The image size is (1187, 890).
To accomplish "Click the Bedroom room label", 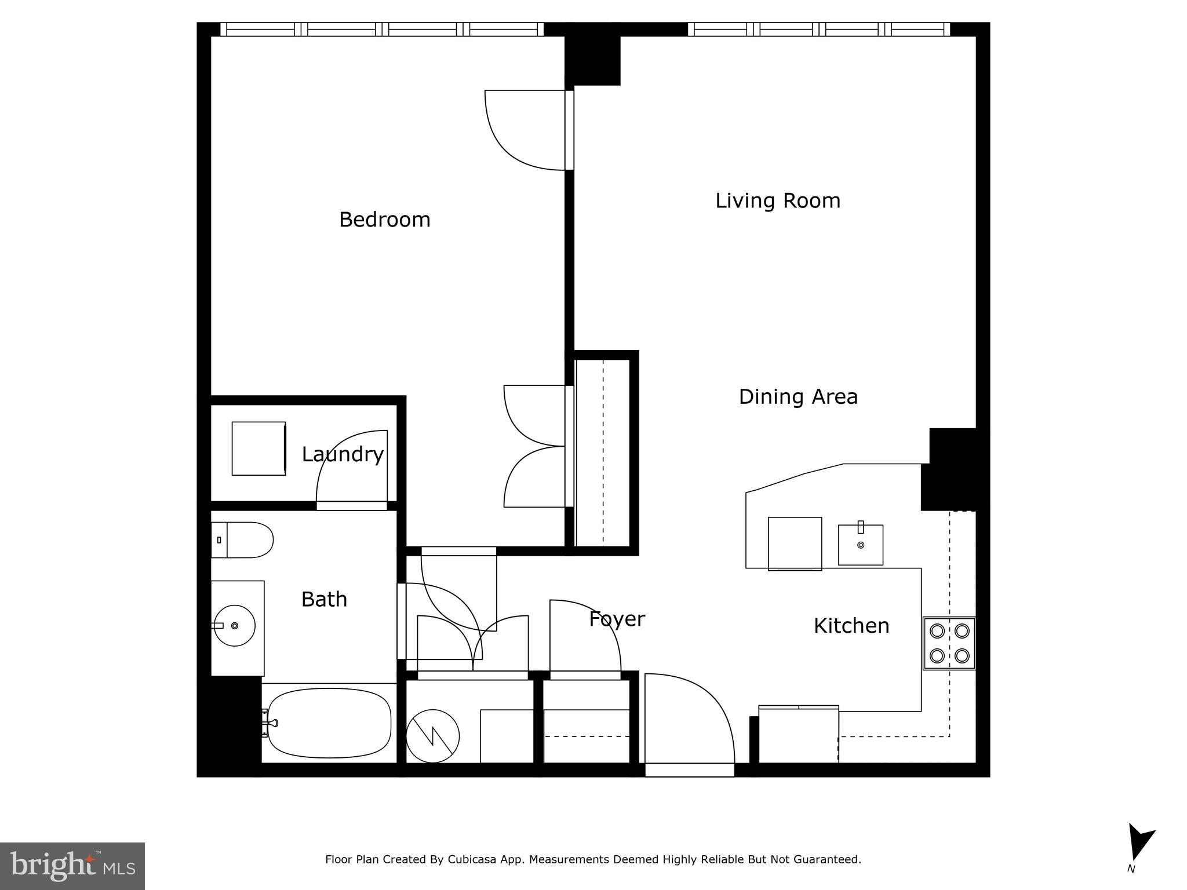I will [x=384, y=220].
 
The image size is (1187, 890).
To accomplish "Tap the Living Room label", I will [x=777, y=200].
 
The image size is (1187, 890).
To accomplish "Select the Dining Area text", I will [x=798, y=397].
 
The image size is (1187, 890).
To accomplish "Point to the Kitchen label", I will [x=851, y=626].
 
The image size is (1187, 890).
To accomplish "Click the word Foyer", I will [x=617, y=619].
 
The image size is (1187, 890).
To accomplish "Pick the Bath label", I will [x=324, y=599].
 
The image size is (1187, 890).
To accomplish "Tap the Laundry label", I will [x=342, y=454].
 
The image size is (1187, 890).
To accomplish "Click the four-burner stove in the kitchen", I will [x=949, y=643].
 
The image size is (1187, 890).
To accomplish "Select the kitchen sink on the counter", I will [x=860, y=545].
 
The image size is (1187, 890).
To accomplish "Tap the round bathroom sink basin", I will [x=235, y=626].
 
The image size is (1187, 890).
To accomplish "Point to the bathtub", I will [x=329, y=723].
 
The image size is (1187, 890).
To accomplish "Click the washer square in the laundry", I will [x=258, y=448].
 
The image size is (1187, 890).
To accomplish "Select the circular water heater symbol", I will [x=432, y=736].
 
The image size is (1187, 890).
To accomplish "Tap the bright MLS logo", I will [x=72, y=866].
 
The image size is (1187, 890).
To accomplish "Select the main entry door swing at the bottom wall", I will [x=687, y=718].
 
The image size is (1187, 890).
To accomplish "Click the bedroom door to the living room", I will [x=525, y=130].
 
